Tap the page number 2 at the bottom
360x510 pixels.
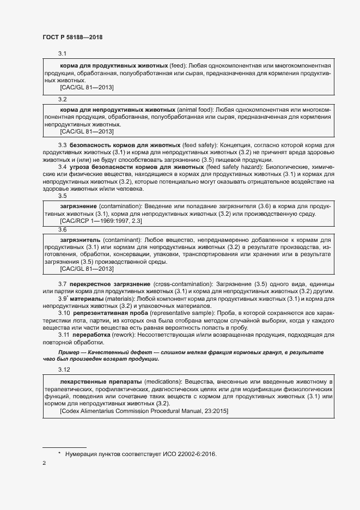pyautogui.click(x=44, y=463)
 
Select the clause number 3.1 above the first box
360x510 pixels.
pyautogui.click(x=62, y=54)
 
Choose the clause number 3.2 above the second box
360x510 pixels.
pyautogui.click(x=62, y=99)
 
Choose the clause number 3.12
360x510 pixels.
pyautogui.click(x=64, y=370)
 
